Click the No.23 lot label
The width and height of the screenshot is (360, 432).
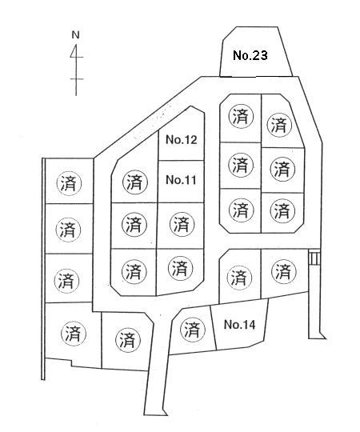pos(250,55)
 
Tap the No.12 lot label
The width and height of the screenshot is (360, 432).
pos(182,140)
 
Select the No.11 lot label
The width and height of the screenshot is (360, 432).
pos(181,180)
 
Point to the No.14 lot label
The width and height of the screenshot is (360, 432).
pos(239,325)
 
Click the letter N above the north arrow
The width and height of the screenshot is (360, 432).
pos(75,35)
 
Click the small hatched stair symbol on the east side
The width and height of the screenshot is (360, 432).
pos(314,258)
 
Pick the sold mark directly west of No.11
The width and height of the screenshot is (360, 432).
pos(134,182)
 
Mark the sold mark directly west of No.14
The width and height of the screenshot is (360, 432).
pos(192,330)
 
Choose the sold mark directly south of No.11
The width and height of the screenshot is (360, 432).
pos(182,224)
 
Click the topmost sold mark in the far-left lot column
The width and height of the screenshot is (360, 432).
pos(69,183)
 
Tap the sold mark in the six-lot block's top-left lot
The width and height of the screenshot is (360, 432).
pos(241,117)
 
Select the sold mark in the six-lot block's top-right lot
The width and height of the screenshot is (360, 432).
pos(279,125)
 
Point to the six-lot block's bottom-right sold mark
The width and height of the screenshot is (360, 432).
pos(282,210)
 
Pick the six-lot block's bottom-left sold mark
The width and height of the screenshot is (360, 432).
pos(242,210)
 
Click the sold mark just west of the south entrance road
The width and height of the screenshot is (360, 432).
pos(128,340)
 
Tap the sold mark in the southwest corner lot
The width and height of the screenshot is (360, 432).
pos(73,334)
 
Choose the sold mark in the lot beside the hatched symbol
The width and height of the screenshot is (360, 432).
pos(284,272)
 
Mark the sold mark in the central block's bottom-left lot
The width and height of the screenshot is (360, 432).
pos(134,271)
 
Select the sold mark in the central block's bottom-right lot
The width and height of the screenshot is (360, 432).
pos(181,268)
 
